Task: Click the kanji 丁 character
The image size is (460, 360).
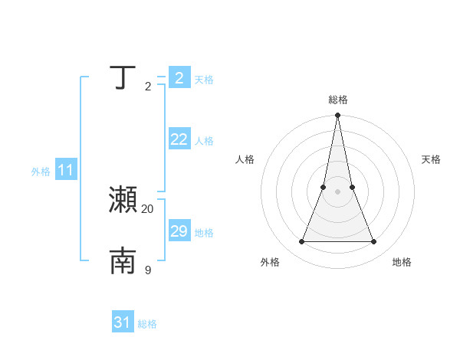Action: coord(123,78)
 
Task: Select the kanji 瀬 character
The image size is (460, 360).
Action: coord(123,200)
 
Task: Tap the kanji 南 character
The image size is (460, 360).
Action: coord(123,261)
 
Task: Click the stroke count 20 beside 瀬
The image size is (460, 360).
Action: coord(148,209)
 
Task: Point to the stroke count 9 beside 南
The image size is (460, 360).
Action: coord(148,270)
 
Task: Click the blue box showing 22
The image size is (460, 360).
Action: coord(179,139)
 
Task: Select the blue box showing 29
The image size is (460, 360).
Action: coord(179,231)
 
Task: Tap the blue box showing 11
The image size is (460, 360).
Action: coord(65,171)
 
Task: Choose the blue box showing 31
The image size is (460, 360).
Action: coord(123,322)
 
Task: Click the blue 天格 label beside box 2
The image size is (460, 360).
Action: coord(204,80)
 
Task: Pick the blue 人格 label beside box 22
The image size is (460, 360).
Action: coord(204,141)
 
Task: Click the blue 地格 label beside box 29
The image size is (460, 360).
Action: coord(204,233)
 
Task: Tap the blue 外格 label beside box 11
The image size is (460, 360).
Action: coord(41,172)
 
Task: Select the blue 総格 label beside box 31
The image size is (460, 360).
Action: coord(147,324)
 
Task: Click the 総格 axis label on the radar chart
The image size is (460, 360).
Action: coord(338,100)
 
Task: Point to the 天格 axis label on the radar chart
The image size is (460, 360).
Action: coord(432,159)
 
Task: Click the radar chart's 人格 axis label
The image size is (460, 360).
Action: coord(245,159)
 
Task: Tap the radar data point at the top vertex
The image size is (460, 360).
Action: coord(338,116)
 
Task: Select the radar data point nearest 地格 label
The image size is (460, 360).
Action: coord(374,242)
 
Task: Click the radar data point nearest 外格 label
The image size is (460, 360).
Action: coord(302,242)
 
